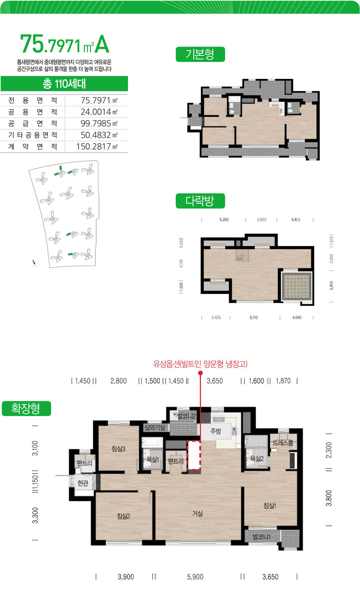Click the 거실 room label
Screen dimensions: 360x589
(197, 514)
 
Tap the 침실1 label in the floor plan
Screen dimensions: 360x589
(270, 506)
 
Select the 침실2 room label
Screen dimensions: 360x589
(123, 516)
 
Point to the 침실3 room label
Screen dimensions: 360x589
(118, 449)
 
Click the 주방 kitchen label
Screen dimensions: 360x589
(216, 431)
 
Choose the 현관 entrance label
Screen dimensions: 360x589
(83, 483)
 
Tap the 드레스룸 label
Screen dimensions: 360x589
(283, 443)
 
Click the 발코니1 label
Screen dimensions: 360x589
(261, 537)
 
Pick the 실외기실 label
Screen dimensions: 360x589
(154, 427)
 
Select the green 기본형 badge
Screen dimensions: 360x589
(200, 54)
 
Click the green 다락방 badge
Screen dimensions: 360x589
(200, 201)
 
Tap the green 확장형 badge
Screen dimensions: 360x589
(26, 408)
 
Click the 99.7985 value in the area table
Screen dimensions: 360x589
(96, 123)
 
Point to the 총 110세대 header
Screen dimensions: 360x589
(64, 84)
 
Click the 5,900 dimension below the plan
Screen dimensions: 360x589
(195, 577)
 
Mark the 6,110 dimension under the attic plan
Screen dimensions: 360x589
(254, 317)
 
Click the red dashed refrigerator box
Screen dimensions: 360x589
(193, 455)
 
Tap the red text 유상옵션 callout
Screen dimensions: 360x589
(200, 364)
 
